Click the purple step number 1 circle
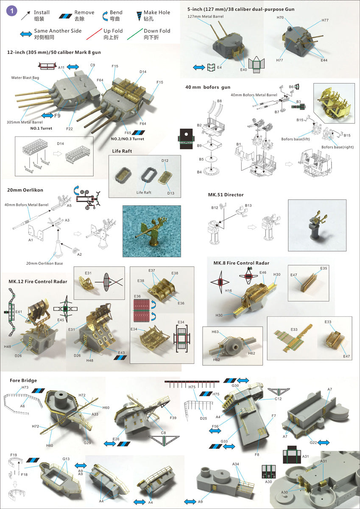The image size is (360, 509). click(11, 11)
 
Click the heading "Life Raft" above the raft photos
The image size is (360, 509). click(122, 151)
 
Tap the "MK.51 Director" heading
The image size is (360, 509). click(226, 195)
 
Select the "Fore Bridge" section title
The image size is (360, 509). click(23, 380)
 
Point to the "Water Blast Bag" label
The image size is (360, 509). click(25, 78)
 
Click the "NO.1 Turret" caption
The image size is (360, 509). click(41, 129)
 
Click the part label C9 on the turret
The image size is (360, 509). click(93, 65)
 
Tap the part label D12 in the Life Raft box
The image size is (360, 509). click(165, 161)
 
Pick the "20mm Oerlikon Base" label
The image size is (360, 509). click(45, 263)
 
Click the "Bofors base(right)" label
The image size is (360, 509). click(338, 147)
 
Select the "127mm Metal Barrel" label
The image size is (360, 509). click(205, 17)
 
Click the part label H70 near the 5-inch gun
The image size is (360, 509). click(280, 17)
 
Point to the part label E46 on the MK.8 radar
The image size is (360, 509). click(263, 272)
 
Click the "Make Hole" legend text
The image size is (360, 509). click(157, 12)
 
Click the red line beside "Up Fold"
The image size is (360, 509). click(94, 34)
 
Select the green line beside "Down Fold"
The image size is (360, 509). click(135, 34)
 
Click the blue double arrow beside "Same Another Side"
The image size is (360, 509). click(26, 34)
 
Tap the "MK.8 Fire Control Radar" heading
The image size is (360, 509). click(241, 263)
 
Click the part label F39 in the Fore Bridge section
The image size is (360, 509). click(173, 418)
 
